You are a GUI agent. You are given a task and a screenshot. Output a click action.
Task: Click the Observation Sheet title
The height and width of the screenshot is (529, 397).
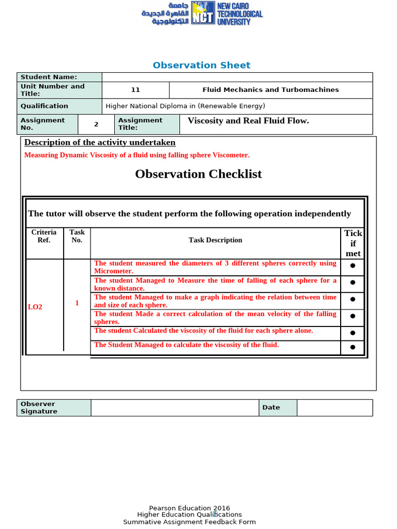click(202, 65)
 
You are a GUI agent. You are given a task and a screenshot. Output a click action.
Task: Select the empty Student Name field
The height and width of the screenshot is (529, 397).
click(237, 77)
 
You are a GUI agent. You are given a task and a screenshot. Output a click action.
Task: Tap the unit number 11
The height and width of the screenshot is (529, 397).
click(135, 90)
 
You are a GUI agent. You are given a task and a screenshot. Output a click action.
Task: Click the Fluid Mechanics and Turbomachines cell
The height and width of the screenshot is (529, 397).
click(270, 90)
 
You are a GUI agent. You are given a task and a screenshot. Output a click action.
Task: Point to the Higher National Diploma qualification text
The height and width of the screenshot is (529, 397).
click(185, 106)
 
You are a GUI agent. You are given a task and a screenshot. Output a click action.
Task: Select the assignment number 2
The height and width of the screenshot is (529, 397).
click(96, 124)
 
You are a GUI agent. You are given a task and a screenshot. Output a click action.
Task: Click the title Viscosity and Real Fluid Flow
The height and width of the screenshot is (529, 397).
click(248, 121)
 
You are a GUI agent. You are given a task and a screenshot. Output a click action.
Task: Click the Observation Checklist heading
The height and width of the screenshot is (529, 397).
click(198, 174)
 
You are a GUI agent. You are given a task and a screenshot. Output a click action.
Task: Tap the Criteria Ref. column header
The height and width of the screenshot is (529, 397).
click(44, 236)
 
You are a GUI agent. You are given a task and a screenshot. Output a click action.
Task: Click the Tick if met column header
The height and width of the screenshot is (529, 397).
click(353, 243)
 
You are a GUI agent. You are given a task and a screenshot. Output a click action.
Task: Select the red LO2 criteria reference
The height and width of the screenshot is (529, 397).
click(35, 307)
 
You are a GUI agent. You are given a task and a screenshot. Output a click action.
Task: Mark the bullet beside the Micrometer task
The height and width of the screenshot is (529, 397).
click(353, 266)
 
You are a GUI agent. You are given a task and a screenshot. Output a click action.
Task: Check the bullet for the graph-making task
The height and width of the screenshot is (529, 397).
click(353, 299)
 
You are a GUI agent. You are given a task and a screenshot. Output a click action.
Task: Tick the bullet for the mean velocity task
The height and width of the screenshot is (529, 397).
click(353, 316)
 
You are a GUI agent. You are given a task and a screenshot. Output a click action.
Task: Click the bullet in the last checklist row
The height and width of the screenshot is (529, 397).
click(353, 347)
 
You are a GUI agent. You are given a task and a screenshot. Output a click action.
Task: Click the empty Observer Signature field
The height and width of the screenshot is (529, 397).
click(175, 408)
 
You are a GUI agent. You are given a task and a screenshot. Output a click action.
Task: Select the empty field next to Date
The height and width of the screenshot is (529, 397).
click(334, 408)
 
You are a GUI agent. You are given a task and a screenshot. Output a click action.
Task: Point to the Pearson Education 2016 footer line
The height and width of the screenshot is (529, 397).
click(189, 508)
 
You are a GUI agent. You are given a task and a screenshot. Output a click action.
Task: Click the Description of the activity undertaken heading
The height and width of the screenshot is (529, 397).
click(100, 143)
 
